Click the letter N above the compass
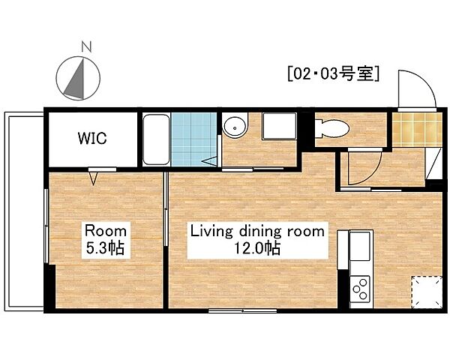point(86,46)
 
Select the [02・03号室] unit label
point(332,74)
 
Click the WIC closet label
point(92,139)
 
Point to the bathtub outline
point(156,139)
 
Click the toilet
point(329,130)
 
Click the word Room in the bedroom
point(105,230)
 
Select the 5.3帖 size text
point(105,248)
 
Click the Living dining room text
point(257,231)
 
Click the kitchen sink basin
point(361,246)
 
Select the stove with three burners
point(361,288)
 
